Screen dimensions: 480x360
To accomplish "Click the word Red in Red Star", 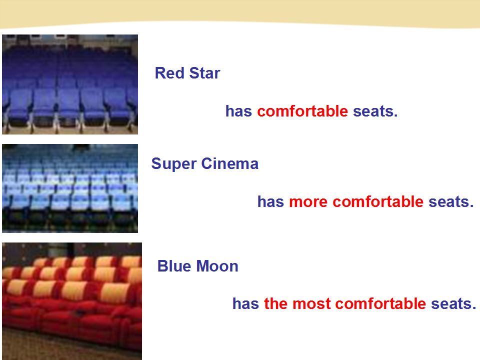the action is (x=169, y=73).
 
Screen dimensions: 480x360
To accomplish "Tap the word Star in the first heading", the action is (x=205, y=73).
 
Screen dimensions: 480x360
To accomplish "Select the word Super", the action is (x=173, y=164).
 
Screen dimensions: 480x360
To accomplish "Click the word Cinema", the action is (x=230, y=164).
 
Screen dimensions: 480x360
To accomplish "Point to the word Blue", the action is (x=174, y=266).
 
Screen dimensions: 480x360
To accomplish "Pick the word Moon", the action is (x=217, y=266).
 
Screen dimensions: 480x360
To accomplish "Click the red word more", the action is (x=308, y=202).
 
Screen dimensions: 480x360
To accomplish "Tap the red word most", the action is (x=311, y=304).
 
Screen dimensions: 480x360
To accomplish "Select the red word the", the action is (x=276, y=303).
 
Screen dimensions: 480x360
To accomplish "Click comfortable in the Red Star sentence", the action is (x=302, y=111).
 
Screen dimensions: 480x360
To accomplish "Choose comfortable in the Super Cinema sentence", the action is (x=378, y=201).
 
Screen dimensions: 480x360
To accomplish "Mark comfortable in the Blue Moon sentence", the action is (x=380, y=303).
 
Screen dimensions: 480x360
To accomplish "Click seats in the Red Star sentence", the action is (x=375, y=111).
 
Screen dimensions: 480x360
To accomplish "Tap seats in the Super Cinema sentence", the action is (x=451, y=202).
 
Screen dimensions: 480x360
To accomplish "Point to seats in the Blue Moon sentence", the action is (x=453, y=304).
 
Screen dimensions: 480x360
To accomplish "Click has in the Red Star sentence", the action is (x=239, y=111).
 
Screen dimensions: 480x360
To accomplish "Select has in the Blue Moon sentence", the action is (x=246, y=303).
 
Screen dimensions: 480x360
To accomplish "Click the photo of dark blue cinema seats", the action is (x=70, y=84).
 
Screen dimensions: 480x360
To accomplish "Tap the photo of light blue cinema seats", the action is (x=70, y=188).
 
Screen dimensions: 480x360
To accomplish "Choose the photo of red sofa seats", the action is (x=72, y=301).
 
